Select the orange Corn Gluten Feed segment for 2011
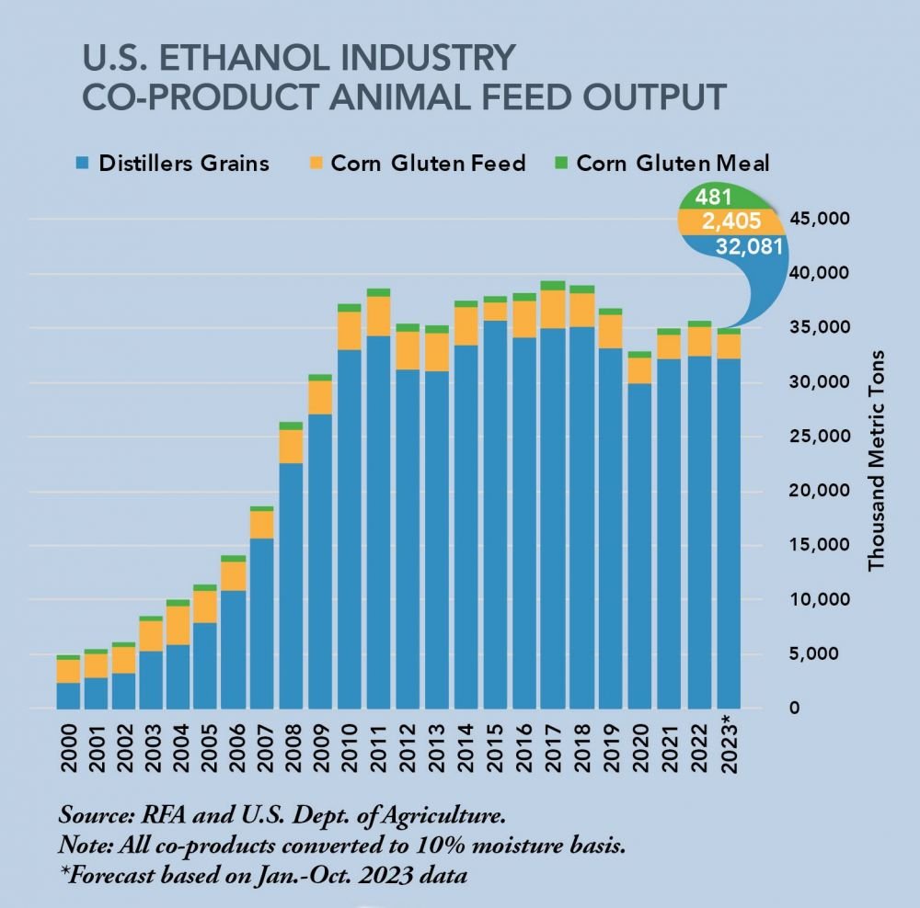[378, 316]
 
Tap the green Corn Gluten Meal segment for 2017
[552, 285]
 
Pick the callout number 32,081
[750, 246]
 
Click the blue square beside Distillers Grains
[83, 164]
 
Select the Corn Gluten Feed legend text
[428, 164]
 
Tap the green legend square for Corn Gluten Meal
[558, 164]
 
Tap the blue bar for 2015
[495, 515]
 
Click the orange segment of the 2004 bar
[177, 625]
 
